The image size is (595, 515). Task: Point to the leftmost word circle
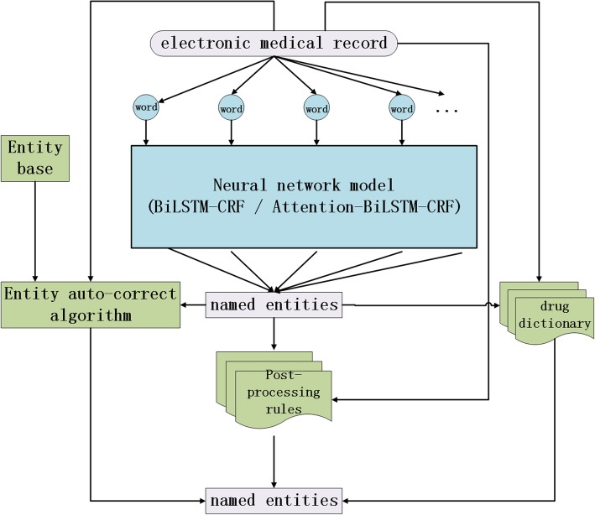146,107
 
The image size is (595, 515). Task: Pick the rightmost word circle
402,107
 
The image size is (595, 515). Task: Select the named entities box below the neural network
274,305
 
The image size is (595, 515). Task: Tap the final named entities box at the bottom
274,500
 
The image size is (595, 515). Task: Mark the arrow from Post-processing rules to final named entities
274,457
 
